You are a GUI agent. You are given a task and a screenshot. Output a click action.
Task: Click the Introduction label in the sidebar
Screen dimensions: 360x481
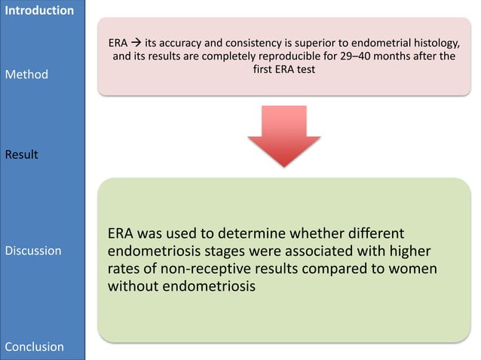pos(39,11)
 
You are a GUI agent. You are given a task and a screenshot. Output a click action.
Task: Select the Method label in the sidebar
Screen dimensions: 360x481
pos(26,75)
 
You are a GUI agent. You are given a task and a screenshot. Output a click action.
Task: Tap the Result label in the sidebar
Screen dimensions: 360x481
pos(23,154)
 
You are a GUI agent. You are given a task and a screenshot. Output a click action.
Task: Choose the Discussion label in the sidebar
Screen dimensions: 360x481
pos(33,250)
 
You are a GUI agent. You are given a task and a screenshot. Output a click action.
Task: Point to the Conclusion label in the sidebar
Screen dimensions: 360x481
pos(35,346)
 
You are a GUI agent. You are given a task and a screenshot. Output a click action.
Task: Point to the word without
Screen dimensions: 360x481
pos(137,287)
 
